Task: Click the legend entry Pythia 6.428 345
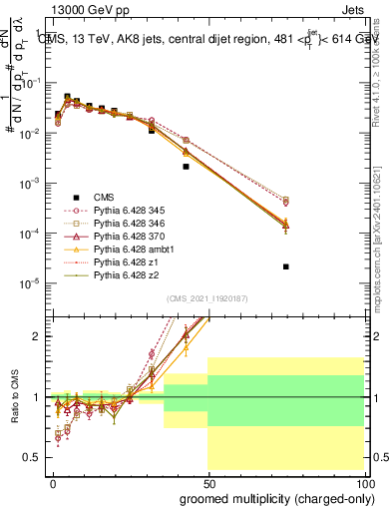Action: tap(130, 212)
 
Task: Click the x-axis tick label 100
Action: tap(363, 483)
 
